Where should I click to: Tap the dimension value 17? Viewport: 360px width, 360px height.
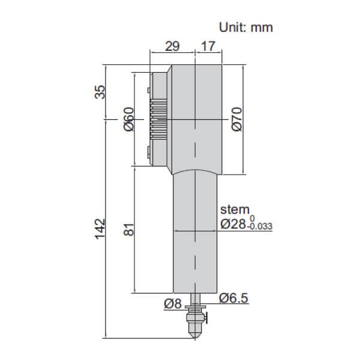[208, 46]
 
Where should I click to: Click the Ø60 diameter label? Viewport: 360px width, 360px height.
[128, 119]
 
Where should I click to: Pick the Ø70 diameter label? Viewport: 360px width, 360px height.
[235, 119]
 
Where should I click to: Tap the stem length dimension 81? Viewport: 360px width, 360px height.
[128, 230]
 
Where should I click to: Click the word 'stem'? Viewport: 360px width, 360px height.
[233, 210]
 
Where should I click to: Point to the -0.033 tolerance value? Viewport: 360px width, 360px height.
[261, 227]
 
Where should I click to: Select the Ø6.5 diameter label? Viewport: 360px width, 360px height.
[233, 298]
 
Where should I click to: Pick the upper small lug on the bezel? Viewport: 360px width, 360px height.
[147, 91]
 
